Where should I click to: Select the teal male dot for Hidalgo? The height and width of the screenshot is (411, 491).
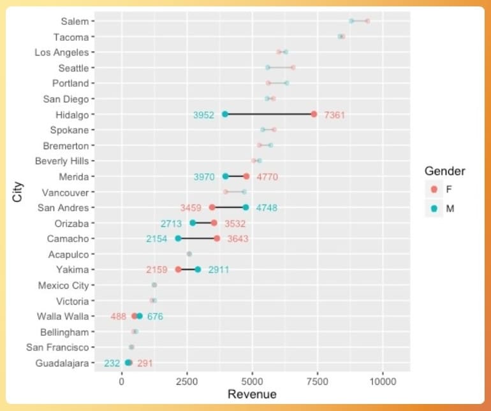click(x=225, y=114)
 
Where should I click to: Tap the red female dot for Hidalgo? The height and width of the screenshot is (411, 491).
click(x=314, y=114)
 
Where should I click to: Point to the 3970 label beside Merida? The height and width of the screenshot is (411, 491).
click(x=204, y=177)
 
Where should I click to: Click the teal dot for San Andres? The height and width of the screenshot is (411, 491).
click(x=246, y=207)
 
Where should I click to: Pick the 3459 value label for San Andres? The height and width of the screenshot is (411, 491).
click(x=191, y=208)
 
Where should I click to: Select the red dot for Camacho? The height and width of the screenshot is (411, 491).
click(x=217, y=238)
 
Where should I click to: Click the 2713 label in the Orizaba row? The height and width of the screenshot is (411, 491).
click(x=172, y=224)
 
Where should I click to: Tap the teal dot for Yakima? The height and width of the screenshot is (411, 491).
click(x=198, y=270)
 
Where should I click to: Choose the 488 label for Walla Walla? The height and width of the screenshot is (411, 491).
click(x=119, y=316)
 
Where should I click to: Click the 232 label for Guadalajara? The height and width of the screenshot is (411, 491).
click(x=112, y=363)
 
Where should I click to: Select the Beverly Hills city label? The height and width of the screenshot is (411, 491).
click(x=62, y=161)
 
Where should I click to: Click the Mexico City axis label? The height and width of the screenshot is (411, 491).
click(x=63, y=285)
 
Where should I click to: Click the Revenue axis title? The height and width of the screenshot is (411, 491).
click(x=252, y=394)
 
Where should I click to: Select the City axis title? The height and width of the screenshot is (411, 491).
click(x=17, y=192)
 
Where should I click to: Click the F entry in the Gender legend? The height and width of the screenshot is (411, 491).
click(x=449, y=189)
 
